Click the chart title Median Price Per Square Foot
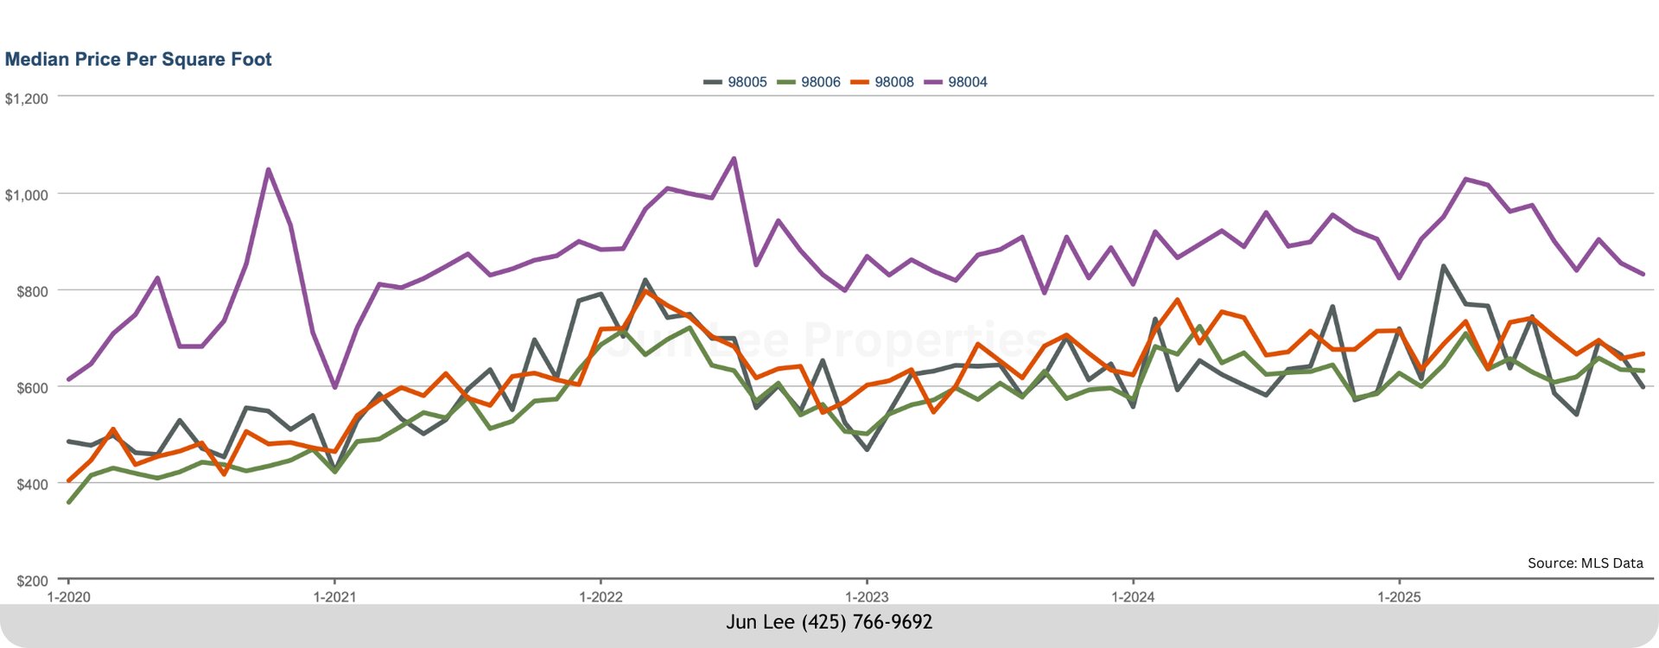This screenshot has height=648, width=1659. tap(138, 60)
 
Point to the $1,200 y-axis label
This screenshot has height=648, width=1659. tap(27, 98)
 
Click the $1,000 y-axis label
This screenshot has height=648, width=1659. tap(27, 195)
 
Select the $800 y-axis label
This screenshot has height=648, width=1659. tap(32, 292)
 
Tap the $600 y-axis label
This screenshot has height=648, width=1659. tap(32, 388)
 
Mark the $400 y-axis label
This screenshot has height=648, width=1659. tap(32, 485)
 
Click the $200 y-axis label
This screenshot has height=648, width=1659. tap(32, 581)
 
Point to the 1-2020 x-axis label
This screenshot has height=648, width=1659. tap(68, 597)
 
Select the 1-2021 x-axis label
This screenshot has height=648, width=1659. tap(334, 597)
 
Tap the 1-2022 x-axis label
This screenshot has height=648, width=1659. tap(601, 597)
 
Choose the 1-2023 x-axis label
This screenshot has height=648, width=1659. tap(867, 597)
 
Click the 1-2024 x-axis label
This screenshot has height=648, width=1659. tap(1133, 597)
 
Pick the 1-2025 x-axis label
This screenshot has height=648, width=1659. tap(1399, 597)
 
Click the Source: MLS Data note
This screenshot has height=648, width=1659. tap(1585, 563)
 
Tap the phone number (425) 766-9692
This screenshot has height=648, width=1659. tap(867, 622)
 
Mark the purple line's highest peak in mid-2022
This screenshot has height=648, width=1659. tap(734, 159)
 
